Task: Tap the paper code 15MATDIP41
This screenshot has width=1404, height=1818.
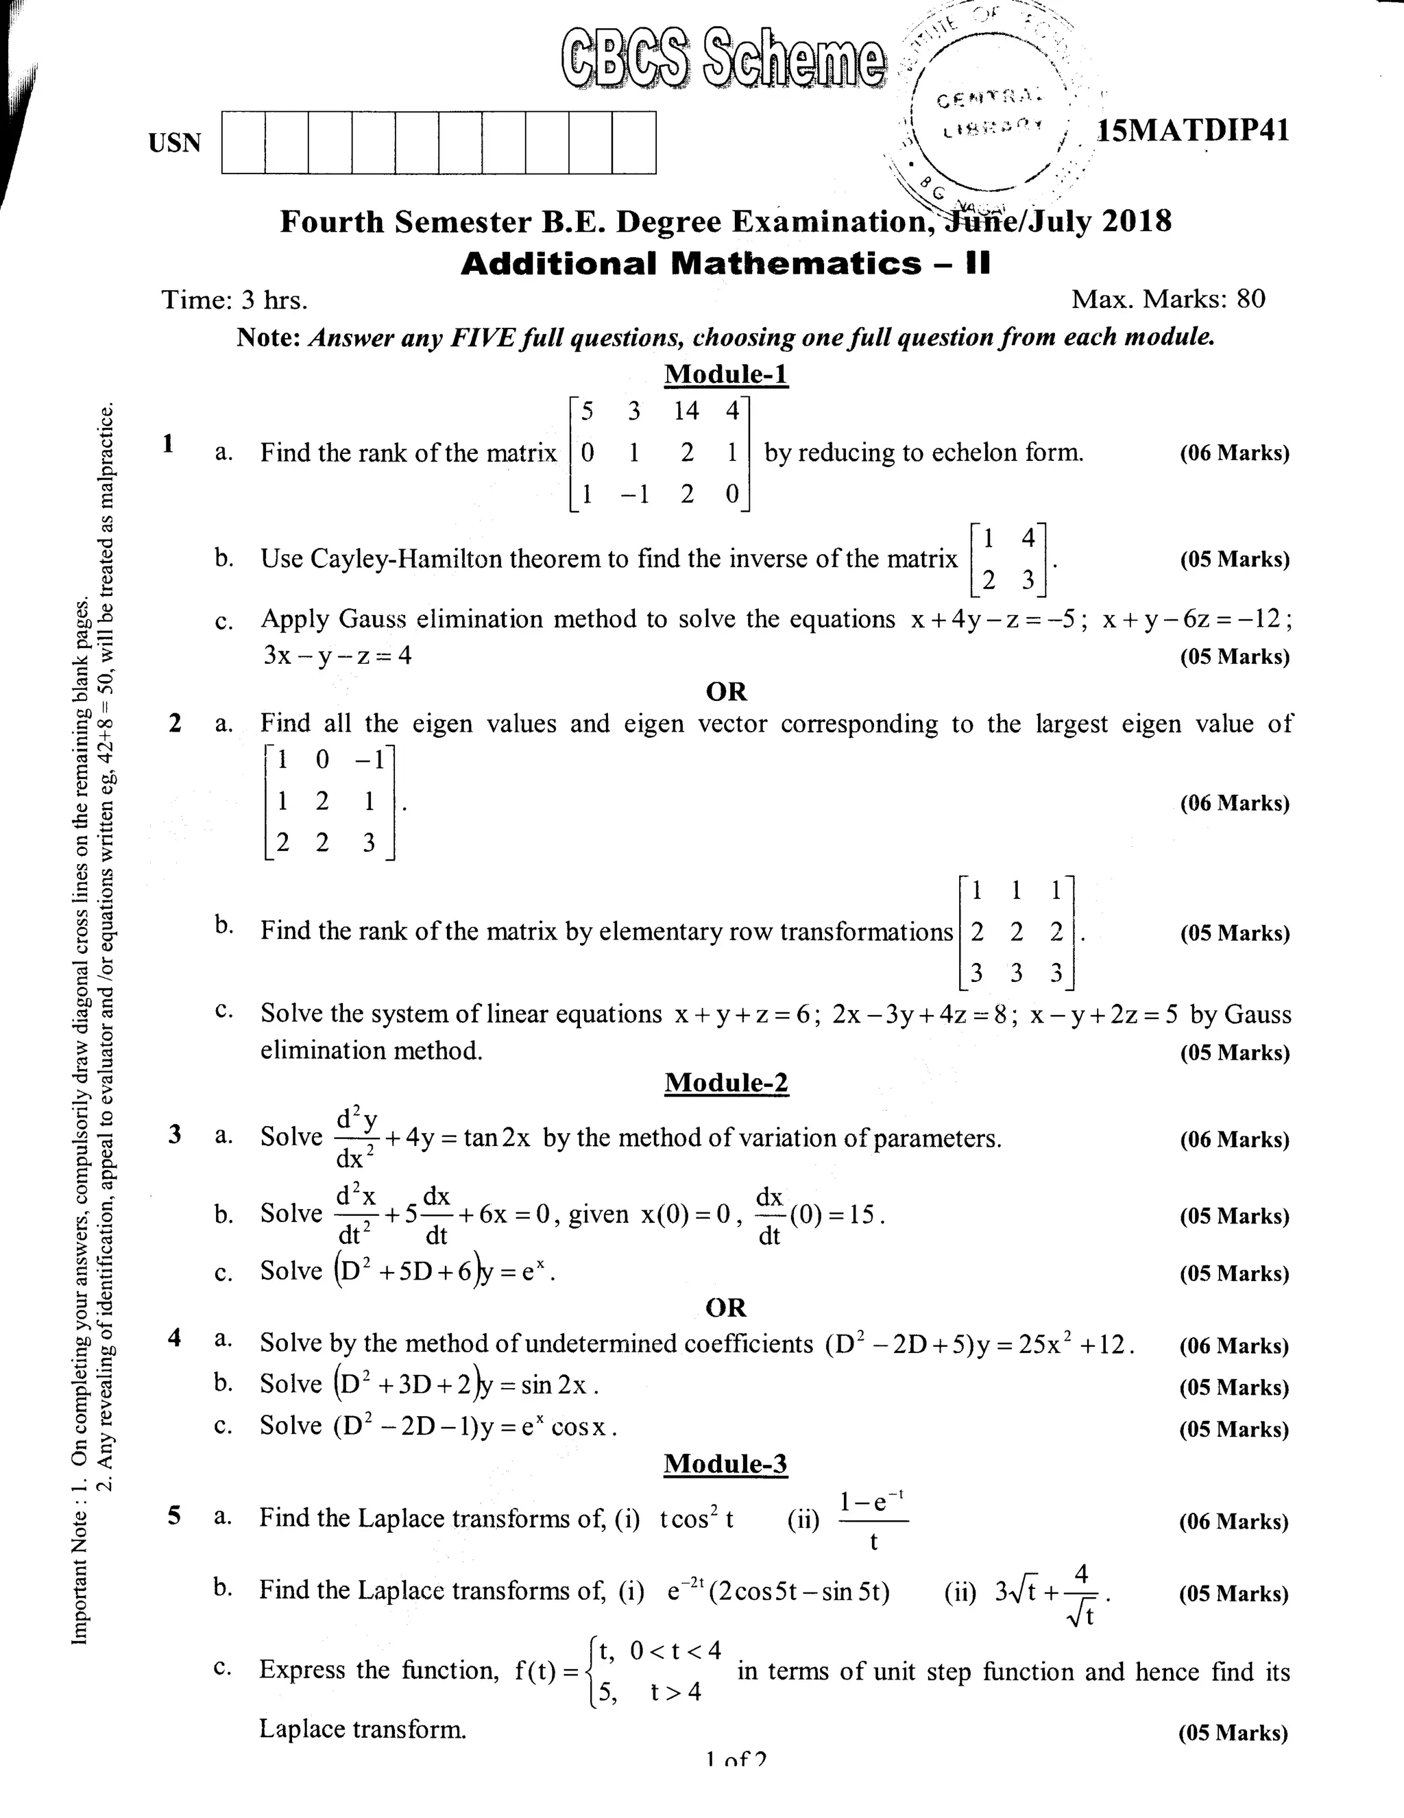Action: coord(1193,131)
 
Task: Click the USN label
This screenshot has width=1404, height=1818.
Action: coord(175,143)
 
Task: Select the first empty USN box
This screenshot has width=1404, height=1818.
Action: coord(243,143)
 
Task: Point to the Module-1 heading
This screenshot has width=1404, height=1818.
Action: coord(726,374)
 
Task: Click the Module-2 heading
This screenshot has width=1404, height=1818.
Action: coord(726,1082)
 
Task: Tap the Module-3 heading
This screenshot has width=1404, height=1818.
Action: coord(725,1463)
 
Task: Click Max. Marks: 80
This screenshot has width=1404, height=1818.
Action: coord(1167,299)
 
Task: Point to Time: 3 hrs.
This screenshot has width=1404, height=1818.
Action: coord(234,300)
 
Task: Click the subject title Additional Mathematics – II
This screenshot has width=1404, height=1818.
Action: coord(726,264)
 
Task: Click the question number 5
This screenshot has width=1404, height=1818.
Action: coord(174,1515)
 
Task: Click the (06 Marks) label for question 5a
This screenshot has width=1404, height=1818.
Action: coord(1233,1522)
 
